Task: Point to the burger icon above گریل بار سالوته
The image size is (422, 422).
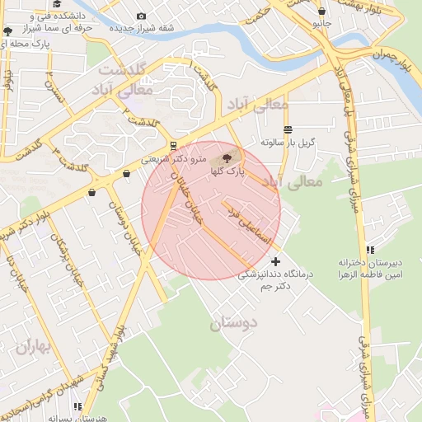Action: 287,129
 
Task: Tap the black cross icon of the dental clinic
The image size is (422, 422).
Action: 275,261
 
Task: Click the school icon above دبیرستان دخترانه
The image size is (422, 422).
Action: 371,249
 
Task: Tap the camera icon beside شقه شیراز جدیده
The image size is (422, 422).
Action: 142,16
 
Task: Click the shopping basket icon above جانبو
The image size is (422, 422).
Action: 321,12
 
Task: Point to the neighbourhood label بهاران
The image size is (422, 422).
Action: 32,347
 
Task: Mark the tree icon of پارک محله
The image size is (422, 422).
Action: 8,31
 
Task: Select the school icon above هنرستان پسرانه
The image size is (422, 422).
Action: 77,406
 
